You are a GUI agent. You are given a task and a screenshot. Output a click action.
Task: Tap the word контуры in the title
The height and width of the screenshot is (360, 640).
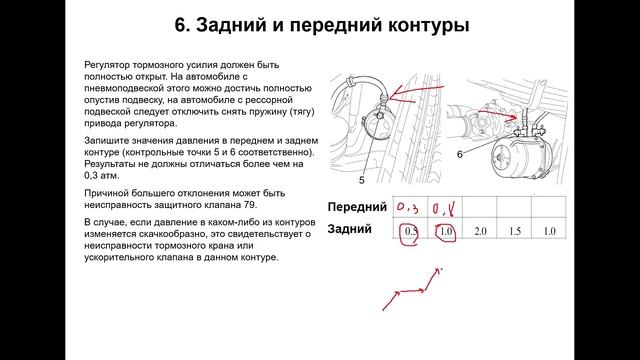point(428,26)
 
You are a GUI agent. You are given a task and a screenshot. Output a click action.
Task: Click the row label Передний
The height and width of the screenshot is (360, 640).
point(357,207)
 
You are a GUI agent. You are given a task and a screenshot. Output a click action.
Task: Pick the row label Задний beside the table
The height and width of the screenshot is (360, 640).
point(350,229)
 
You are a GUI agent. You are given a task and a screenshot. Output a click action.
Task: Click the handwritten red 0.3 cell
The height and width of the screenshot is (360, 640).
point(408,208)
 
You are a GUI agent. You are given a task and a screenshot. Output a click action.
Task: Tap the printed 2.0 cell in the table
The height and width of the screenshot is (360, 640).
point(480,231)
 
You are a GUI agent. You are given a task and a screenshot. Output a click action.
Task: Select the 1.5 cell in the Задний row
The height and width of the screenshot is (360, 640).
point(515,231)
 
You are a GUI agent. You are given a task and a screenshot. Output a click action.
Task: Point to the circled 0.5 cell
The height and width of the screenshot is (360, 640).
point(409,234)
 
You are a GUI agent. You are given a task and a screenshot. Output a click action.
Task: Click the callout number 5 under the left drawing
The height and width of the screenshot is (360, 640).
point(361,180)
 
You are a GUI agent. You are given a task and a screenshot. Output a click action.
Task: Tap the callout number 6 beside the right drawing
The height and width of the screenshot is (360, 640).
point(460,154)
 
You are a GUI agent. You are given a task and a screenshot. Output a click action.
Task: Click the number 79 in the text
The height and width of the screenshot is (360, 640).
point(250,205)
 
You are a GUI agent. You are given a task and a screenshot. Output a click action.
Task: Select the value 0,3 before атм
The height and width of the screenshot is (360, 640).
point(91,176)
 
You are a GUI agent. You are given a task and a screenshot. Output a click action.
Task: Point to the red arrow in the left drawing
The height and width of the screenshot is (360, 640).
point(416,91)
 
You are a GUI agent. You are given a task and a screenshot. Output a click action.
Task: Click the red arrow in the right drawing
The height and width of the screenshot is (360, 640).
point(497,116)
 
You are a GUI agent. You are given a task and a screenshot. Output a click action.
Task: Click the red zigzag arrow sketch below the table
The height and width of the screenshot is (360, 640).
point(412,291)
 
